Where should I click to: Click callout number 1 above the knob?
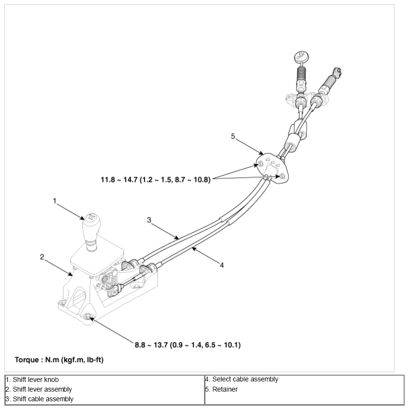coord(55,200)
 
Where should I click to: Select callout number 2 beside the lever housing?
coord(42,257)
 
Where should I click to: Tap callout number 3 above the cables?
coord(149,220)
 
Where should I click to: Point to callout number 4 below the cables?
coord(222,265)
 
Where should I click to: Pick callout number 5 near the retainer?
coord(233,137)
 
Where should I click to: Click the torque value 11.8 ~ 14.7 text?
coord(156,180)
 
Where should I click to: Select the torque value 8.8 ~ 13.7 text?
coord(188,345)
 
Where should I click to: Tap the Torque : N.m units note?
coord(59,360)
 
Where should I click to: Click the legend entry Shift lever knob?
coord(33,380)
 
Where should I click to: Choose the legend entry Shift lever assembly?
coord(40,389)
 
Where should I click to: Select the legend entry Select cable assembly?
coord(242,380)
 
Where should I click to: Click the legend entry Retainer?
coord(222,389)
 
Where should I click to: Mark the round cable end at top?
coord(299,56)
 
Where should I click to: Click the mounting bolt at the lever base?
coord(88,317)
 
